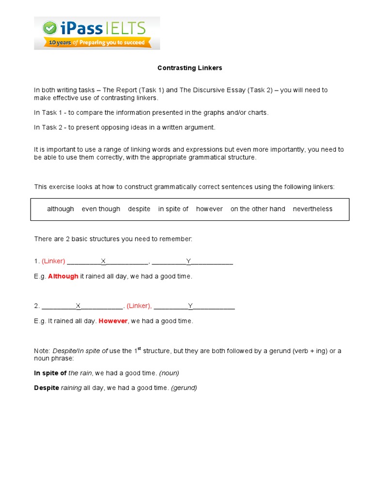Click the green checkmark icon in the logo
coord(49,28)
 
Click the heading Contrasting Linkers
coord(189,68)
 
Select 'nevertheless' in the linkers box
coord(312,209)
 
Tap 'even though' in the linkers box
coord(101,209)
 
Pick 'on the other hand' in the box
coord(258,209)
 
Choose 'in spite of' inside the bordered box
coord(173,209)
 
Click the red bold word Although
coord(63,276)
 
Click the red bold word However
coord(113,321)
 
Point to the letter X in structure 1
coord(103,261)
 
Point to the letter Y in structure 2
coord(190,306)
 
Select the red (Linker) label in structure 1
coord(53,261)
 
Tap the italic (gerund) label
coord(184,387)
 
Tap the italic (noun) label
coord(169,373)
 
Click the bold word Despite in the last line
coord(46,387)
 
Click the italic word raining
coord(71,387)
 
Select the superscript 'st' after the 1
coord(139,348)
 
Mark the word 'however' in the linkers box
coord(209,209)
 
